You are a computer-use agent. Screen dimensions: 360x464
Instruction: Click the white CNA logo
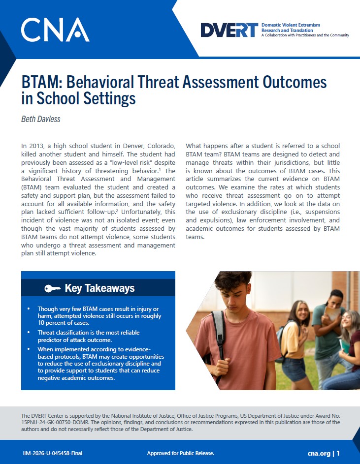tap(55, 30)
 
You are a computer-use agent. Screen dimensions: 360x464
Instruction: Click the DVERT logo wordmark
tap(229, 30)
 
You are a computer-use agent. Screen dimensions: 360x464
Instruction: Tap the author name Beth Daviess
tap(40, 119)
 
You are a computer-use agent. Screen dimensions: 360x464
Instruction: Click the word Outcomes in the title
tap(295, 82)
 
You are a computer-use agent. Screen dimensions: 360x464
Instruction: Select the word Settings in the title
tap(109, 98)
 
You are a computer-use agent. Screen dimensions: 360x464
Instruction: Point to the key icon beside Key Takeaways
tap(52, 288)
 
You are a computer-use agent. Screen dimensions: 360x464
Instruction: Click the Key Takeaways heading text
tap(99, 288)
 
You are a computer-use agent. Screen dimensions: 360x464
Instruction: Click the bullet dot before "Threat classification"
tap(29, 332)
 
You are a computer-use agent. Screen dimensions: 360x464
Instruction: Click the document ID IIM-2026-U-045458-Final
tap(52, 453)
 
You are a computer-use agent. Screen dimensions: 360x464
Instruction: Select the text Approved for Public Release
tap(180, 453)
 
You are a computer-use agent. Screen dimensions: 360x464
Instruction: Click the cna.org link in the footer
tap(319, 453)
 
